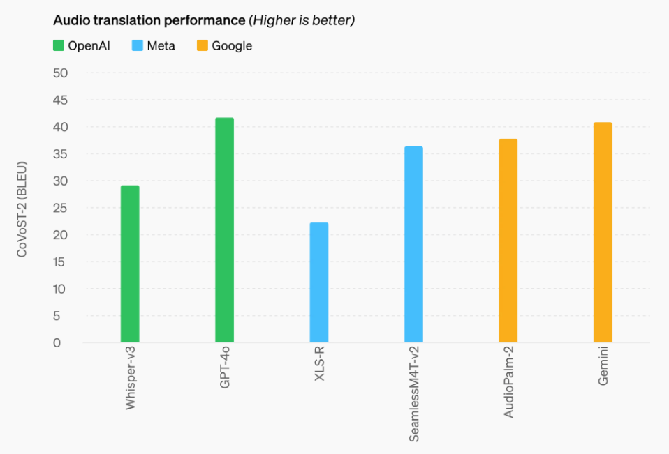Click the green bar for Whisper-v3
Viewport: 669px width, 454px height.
click(130, 264)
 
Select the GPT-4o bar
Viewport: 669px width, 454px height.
click(224, 230)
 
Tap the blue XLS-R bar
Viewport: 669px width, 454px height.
click(319, 282)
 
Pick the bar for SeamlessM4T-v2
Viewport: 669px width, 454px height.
click(413, 245)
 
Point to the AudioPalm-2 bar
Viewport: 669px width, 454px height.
click(508, 241)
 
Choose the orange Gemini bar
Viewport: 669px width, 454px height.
click(603, 232)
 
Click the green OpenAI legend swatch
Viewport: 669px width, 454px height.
click(59, 45)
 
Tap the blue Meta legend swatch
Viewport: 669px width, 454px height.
click(138, 45)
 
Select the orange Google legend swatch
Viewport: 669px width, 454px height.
click(203, 45)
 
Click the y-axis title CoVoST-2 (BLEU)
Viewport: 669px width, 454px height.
click(22, 209)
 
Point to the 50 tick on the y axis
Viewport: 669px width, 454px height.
click(60, 73)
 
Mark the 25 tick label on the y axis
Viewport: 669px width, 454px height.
click(60, 208)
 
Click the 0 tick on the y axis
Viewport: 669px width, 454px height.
click(57, 343)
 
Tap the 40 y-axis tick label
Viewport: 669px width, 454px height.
click(60, 127)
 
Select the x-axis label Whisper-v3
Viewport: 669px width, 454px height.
click(130, 378)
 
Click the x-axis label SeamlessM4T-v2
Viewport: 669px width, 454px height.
click(414, 394)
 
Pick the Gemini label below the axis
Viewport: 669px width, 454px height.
click(603, 366)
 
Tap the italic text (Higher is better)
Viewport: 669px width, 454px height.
click(302, 20)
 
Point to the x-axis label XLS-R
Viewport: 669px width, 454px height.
click(319, 364)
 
